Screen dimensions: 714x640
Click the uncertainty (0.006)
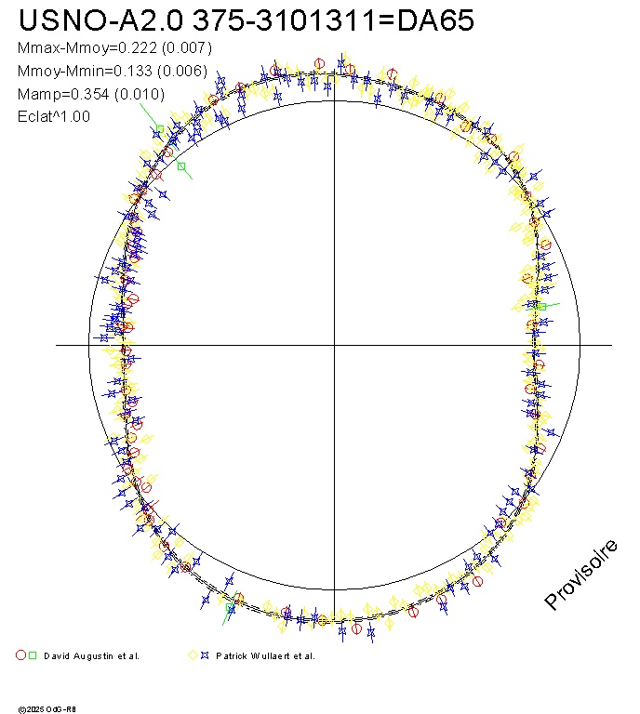point(180,71)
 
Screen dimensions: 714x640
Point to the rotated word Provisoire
point(580,575)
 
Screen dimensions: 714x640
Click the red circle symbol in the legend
point(21,655)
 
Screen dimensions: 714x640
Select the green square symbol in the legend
point(33,655)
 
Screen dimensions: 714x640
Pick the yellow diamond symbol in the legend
point(193,655)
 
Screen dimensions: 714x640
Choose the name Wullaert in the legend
point(274,655)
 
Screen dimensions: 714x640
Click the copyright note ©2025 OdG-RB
point(46,708)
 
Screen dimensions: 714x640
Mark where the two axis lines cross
point(334,345)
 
